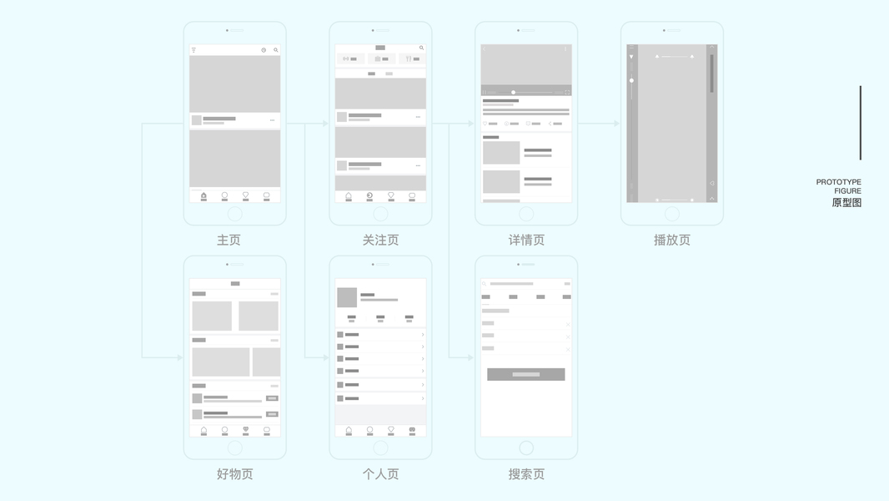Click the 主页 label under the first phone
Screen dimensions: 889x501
pyautogui.click(x=229, y=240)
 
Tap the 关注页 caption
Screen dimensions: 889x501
pyautogui.click(x=380, y=240)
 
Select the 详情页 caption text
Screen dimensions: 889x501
pyautogui.click(x=526, y=240)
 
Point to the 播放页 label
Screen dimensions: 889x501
pyautogui.click(x=672, y=240)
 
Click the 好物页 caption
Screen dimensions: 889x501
pyautogui.click(x=234, y=474)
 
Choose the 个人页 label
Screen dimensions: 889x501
pyautogui.click(x=380, y=474)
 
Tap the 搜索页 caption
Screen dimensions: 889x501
pyautogui.click(x=526, y=474)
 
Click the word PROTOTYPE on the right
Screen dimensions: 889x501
pyautogui.click(x=839, y=182)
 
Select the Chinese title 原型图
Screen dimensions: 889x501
pyautogui.click(x=846, y=203)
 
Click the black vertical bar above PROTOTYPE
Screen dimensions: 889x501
pyautogui.click(x=861, y=123)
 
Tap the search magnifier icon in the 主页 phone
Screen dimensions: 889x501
pyautogui.click(x=276, y=50)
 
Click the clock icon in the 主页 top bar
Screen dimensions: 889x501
pyautogui.click(x=264, y=50)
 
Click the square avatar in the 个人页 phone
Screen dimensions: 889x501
pyautogui.click(x=347, y=297)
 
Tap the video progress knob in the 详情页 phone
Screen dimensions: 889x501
pyautogui.click(x=513, y=92)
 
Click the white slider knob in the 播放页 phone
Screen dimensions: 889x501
pyautogui.click(x=631, y=81)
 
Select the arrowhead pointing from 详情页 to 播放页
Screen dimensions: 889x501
pyautogui.click(x=616, y=124)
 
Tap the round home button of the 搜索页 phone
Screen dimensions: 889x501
pyautogui.click(x=526, y=448)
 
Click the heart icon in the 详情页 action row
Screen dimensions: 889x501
pyautogui.click(x=485, y=124)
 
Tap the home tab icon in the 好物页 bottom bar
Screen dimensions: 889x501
pyautogui.click(x=203, y=430)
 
